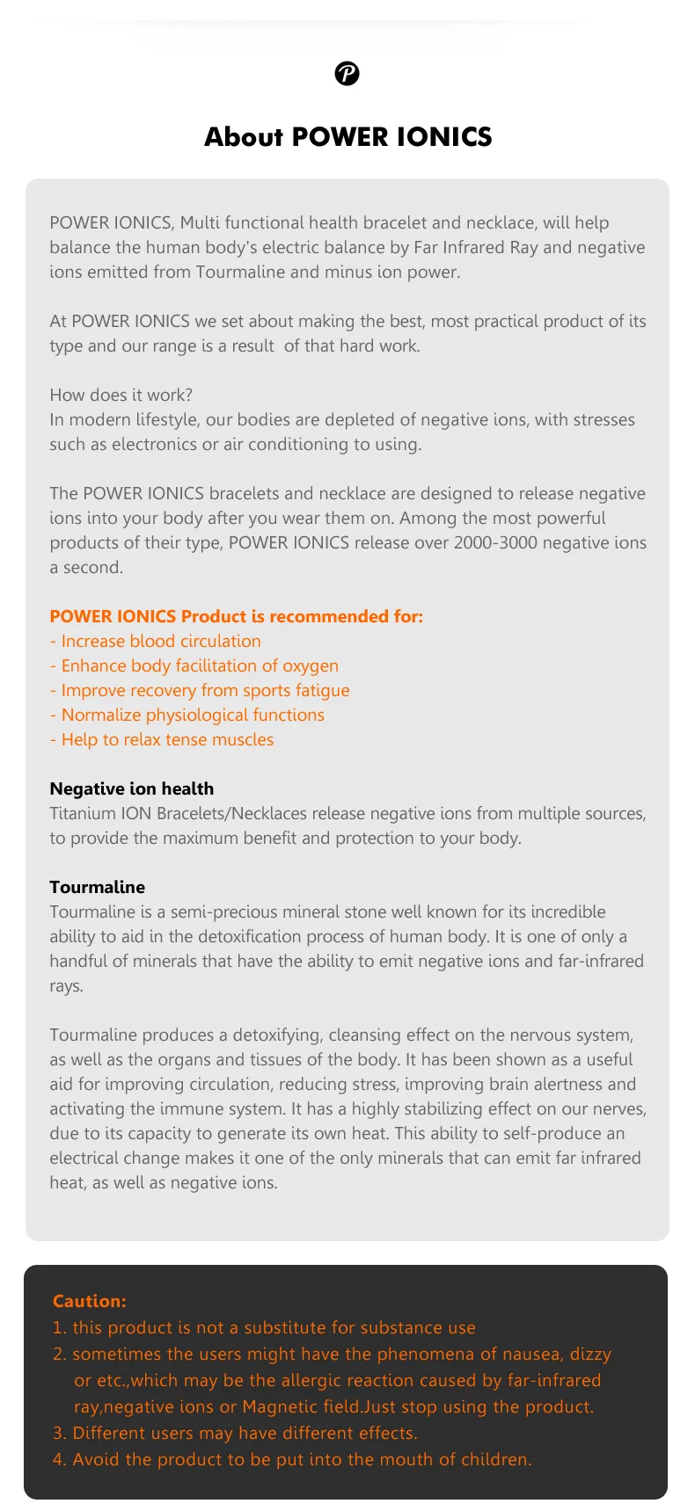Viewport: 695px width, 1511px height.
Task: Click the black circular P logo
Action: pos(347,74)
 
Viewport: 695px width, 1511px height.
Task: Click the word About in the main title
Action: pos(244,137)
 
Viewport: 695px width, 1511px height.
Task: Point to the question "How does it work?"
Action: pos(121,396)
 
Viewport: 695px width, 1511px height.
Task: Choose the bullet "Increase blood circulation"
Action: pos(160,642)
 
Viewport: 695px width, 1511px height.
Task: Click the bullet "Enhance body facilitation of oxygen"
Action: pos(199,666)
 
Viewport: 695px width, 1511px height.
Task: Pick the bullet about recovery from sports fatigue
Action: pos(205,691)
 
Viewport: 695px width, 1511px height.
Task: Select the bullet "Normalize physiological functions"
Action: pos(192,716)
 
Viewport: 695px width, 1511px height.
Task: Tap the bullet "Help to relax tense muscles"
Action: pos(166,740)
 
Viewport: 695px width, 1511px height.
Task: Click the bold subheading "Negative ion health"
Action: pos(131,789)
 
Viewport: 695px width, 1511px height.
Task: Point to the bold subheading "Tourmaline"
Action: pos(97,888)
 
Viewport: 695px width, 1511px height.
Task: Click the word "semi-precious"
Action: pos(224,912)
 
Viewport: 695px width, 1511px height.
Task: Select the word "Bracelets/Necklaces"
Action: pos(231,814)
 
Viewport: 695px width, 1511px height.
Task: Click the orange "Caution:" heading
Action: pos(89,1302)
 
